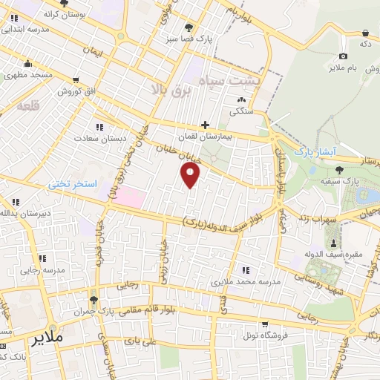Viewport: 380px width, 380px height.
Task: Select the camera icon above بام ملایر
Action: (343, 56)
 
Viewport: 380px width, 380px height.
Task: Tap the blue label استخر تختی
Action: (73, 182)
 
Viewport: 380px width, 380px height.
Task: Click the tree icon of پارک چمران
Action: (94, 301)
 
